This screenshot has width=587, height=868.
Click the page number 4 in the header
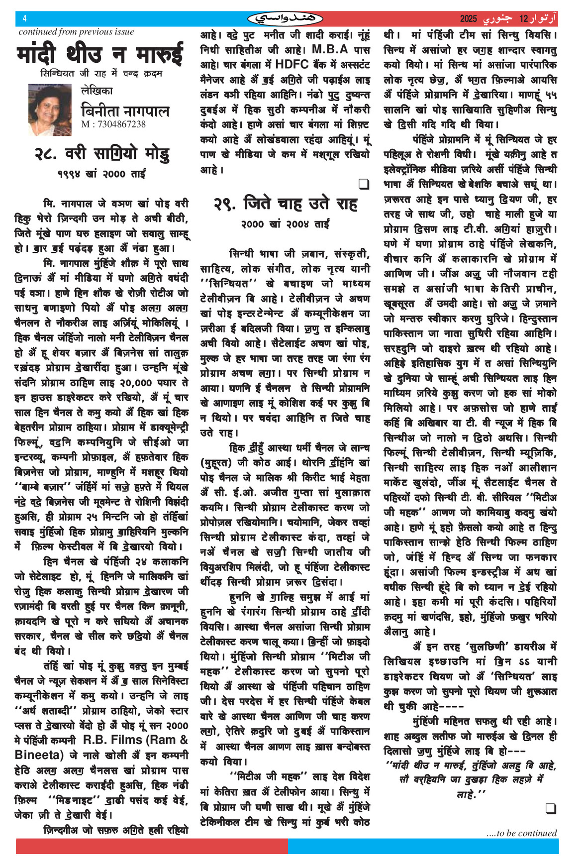pos(25,19)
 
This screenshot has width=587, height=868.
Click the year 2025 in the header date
pos(469,19)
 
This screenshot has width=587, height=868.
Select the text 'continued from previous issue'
pos(76,32)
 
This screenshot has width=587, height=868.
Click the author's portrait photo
pos(50,110)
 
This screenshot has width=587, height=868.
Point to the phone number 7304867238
pos(113,124)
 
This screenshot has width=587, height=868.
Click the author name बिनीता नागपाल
pos(125,110)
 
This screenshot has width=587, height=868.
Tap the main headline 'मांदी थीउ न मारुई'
pos(99,54)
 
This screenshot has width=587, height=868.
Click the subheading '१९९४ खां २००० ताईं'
pos(101,174)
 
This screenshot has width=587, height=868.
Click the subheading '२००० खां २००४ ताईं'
pos(285,224)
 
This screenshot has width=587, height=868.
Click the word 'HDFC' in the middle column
pos(292,64)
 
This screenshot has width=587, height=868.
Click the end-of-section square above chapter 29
pos(364,185)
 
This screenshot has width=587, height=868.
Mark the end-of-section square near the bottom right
pos(551,808)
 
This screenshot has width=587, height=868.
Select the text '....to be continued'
pos(521,833)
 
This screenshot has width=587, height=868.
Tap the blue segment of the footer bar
pos(423,846)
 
